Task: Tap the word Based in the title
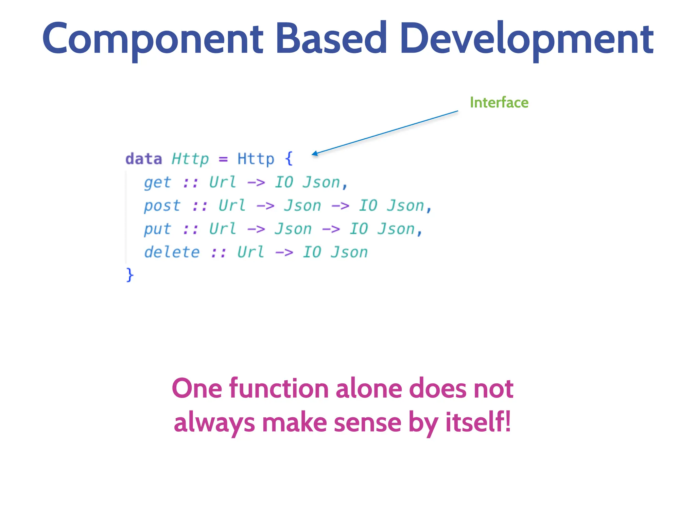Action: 331,38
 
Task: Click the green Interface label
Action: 499,103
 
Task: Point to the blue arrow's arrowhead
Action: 315,154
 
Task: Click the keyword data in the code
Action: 143,159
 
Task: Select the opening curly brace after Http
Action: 289,159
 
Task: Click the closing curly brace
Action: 129,275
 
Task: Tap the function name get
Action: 157,183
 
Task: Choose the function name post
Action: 162,206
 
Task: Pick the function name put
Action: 157,229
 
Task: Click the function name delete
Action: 172,252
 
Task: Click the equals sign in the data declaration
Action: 223,159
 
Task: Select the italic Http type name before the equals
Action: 190,159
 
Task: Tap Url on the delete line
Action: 251,252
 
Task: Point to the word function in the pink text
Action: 279,388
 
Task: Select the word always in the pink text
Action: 214,423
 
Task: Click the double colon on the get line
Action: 190,183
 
